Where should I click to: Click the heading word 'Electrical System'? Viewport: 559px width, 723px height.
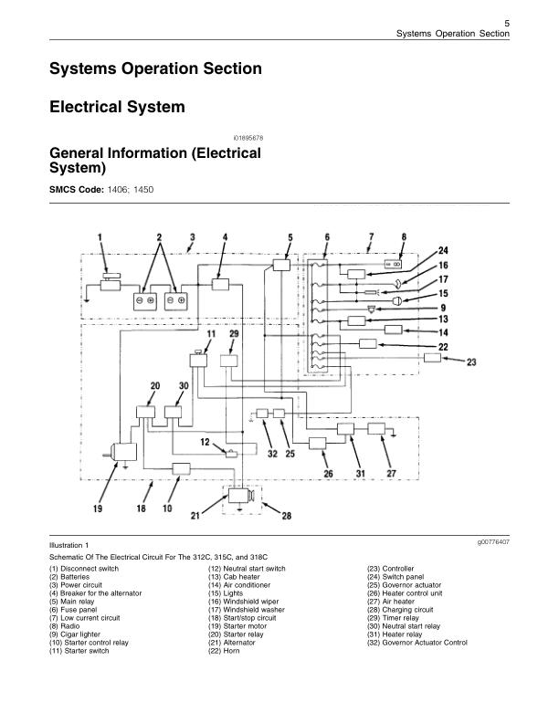(116, 107)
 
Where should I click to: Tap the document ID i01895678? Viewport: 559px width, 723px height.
(248, 137)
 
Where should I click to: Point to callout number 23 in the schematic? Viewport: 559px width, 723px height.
(471, 362)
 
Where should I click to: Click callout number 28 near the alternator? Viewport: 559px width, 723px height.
(286, 516)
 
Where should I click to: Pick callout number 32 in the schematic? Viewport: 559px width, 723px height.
(273, 453)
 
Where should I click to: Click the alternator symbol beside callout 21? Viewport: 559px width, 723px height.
(241, 496)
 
